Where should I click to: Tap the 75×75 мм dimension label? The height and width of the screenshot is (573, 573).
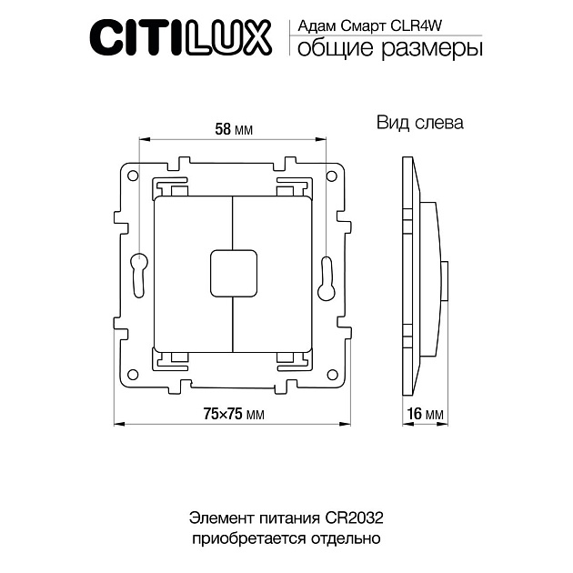point(233,414)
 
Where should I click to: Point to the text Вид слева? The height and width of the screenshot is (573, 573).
point(419,123)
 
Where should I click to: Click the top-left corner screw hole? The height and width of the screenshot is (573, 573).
point(133,174)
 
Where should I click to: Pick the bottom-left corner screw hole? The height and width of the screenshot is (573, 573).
point(133,370)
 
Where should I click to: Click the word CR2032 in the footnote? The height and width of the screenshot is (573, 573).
point(353,518)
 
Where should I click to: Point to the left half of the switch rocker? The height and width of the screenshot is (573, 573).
point(193,272)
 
